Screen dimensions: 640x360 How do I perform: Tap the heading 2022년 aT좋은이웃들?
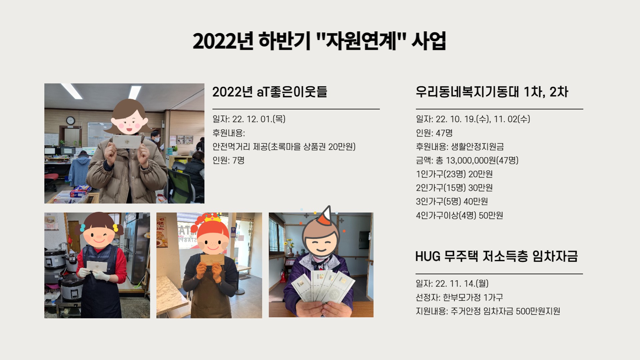pos(270,92)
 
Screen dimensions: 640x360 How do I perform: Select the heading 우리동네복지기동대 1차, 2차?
pos(492,92)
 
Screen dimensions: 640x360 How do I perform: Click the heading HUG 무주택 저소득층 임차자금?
pos(496,256)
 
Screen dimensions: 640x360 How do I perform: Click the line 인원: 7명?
pos(229,160)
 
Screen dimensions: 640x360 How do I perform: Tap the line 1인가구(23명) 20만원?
pos(454,174)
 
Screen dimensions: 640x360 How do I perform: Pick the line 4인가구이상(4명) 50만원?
pos(459,215)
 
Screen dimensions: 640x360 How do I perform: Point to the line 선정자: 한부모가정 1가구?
pos(459,297)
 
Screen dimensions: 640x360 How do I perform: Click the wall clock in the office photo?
pos(70,120)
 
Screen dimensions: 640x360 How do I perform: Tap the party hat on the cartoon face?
pos(328,217)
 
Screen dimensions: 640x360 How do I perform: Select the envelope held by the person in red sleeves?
pos(97,266)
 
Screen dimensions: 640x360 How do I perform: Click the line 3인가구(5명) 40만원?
pos(452,201)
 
